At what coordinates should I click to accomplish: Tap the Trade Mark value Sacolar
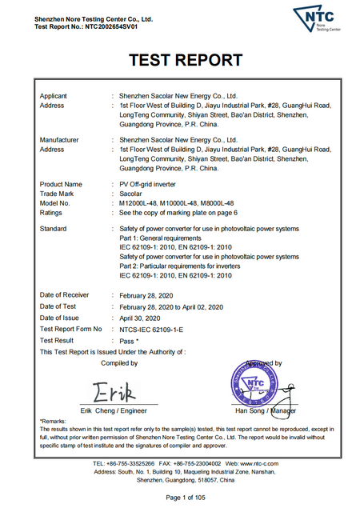[132, 194]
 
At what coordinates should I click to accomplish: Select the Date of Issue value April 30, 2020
[146, 318]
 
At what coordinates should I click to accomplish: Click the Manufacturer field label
[61, 139]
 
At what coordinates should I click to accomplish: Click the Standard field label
[55, 228]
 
